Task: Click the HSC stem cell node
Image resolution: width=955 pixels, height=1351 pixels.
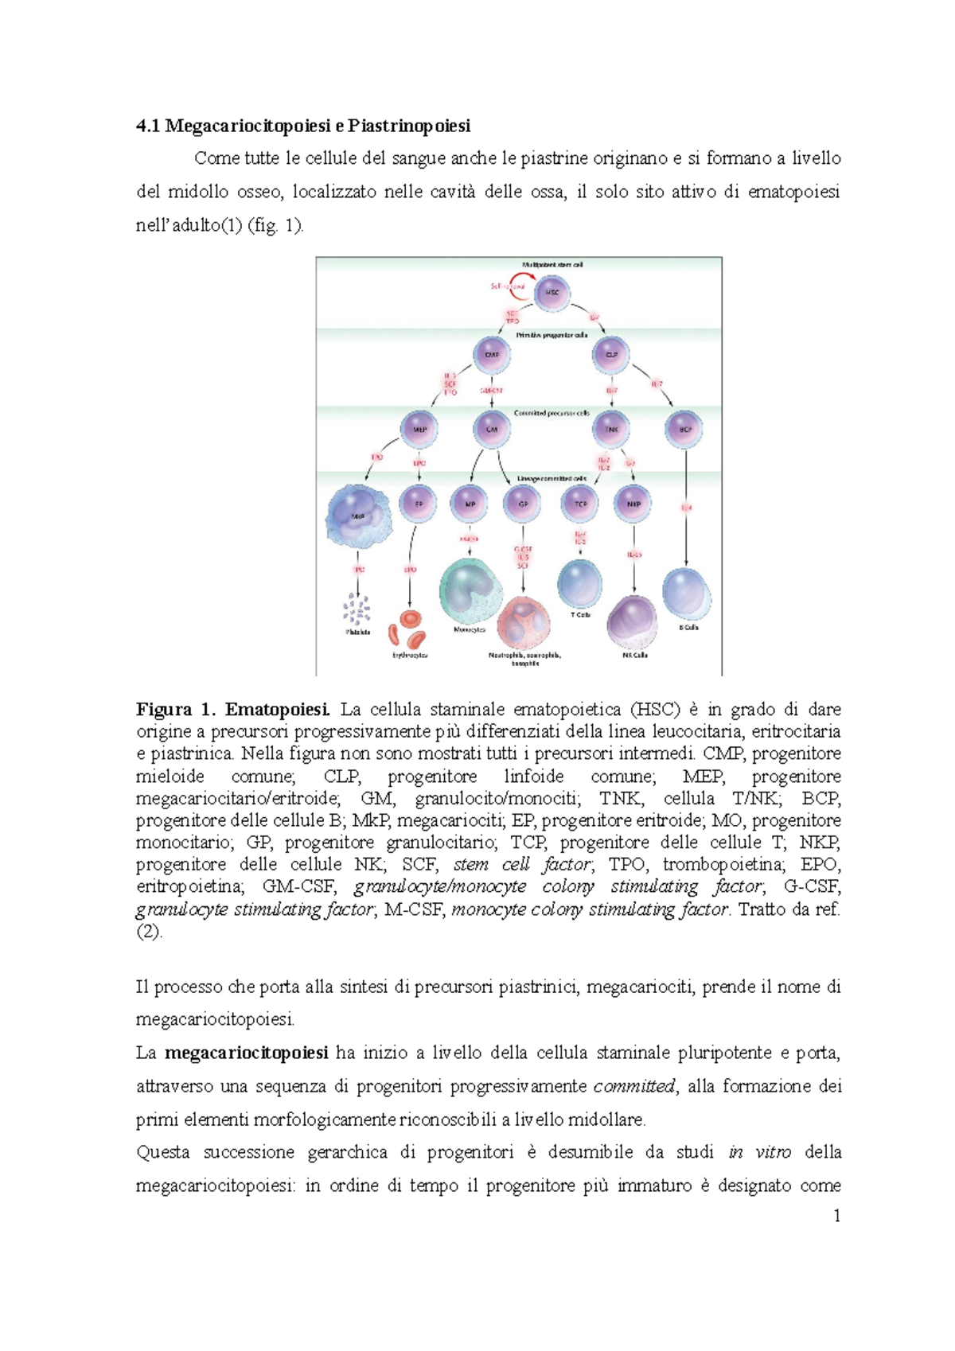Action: point(552,292)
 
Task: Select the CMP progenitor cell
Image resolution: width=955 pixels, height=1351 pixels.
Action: point(492,355)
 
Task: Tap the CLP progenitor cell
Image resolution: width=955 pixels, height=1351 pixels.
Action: point(611,355)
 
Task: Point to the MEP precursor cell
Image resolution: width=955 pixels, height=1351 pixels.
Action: point(419,429)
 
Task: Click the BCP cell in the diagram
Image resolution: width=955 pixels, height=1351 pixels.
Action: point(684,429)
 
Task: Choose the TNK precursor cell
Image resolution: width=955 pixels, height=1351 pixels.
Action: point(611,429)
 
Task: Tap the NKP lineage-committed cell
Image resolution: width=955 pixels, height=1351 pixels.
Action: point(633,504)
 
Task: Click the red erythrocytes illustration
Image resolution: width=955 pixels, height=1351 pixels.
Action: point(408,629)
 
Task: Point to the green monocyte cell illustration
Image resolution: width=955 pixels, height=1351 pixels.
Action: point(470,592)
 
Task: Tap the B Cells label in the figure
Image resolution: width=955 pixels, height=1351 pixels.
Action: point(688,627)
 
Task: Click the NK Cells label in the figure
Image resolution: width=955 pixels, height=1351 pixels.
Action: point(634,655)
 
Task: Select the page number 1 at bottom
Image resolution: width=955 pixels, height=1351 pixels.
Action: point(836,1215)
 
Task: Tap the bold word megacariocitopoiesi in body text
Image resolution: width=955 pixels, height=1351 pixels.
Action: point(247,1053)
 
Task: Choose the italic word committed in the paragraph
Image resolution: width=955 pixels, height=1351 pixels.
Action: point(634,1086)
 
